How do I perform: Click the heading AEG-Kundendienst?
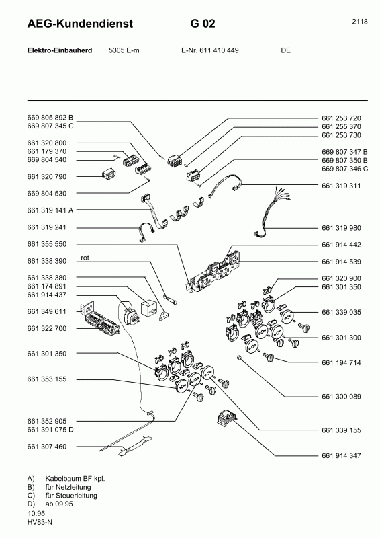coord(80,24)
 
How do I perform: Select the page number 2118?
coord(359,21)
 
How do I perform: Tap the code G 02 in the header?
coord(203,24)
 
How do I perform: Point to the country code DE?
coord(285,50)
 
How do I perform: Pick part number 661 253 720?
coord(341,118)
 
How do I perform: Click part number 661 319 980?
coord(341,227)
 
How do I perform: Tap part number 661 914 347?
coord(341,455)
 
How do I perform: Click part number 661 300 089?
coord(341,398)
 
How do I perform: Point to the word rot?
coord(85,258)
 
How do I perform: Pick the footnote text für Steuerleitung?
coord(70,496)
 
